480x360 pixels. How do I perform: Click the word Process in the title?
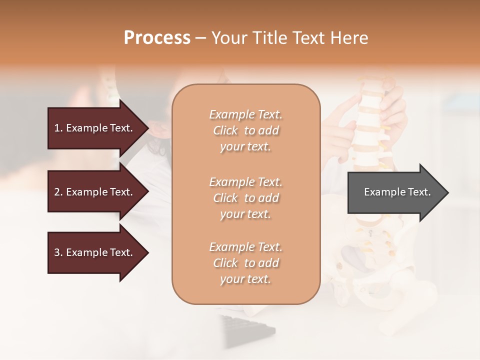coord(157,38)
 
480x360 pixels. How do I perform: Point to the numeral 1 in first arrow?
coord(57,128)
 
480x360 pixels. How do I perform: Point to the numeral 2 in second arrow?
coord(57,192)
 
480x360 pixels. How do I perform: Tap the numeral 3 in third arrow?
coord(57,252)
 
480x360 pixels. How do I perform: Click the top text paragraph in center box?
coord(245,130)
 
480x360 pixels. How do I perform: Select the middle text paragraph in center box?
coord(245,198)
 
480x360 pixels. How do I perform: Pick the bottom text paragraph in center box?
coord(245,263)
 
